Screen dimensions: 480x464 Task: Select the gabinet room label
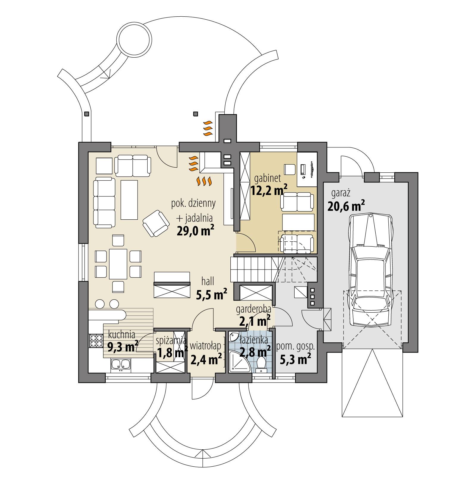pyautogui.click(x=268, y=178)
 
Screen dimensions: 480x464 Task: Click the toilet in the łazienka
pyautogui.click(x=261, y=363)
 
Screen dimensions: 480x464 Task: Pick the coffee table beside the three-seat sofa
pyautogui.click(x=129, y=199)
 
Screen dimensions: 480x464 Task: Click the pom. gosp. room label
pyautogui.click(x=295, y=347)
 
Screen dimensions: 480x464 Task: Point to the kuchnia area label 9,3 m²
pyautogui.click(x=123, y=346)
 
